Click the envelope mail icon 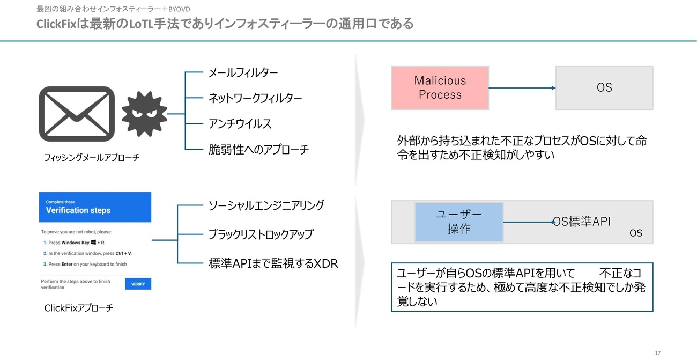pyautogui.click(x=77, y=114)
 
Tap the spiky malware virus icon pyautogui.click(x=144, y=114)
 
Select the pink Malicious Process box pyautogui.click(x=440, y=88)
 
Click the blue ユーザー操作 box pyautogui.click(x=459, y=222)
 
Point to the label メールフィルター pyautogui.click(x=243, y=72)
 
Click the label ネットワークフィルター pyautogui.click(x=255, y=98)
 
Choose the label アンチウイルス pyautogui.click(x=240, y=124)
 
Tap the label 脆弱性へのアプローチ pyautogui.click(x=258, y=150)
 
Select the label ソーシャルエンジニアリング pyautogui.click(x=266, y=205)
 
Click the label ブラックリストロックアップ pyautogui.click(x=261, y=234)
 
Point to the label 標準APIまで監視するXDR pyautogui.click(x=273, y=263)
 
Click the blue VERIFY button pyautogui.click(x=138, y=284)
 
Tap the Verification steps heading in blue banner pyautogui.click(x=78, y=210)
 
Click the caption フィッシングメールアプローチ pyautogui.click(x=92, y=158)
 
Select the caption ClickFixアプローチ pyautogui.click(x=79, y=308)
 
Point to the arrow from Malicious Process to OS pyautogui.click(x=522, y=88)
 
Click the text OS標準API pyautogui.click(x=582, y=222)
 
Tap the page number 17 pyautogui.click(x=657, y=353)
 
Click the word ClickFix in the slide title pyautogui.click(x=56, y=24)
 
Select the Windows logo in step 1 pyautogui.click(x=93, y=242)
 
